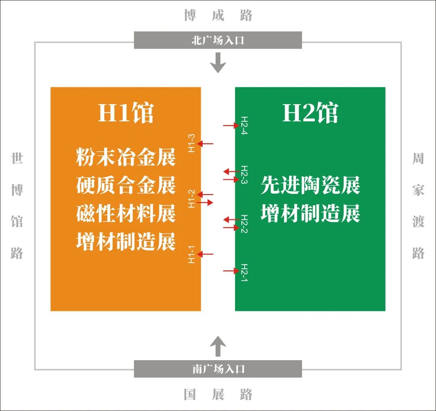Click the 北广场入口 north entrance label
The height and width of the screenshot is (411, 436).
pos(218,40)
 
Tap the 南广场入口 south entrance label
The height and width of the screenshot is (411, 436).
pos(218,369)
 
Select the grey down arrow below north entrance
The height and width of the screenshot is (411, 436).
pos(218,63)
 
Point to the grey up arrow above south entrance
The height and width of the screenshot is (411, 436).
pos(218,346)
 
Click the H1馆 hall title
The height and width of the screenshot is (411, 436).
pos(126,113)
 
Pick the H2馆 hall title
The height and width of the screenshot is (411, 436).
pos(310,113)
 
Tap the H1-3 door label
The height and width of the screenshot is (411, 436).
pos(191,143)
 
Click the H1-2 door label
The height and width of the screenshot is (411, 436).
pos(191,199)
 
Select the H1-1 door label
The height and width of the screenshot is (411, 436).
pos(191,254)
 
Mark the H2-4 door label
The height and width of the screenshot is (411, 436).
pos(244,125)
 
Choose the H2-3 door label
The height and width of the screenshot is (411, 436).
pos(244,175)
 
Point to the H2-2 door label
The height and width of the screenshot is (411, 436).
pos(244,224)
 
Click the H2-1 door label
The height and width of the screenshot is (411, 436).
pos(244,273)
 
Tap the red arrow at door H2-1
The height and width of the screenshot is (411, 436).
pos(231,271)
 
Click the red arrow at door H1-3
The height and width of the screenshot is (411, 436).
pos(205,144)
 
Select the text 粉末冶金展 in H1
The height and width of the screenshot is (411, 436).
pos(126,157)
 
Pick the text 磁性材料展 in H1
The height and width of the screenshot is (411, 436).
pos(126,213)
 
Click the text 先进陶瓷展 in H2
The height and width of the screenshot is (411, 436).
pos(310,185)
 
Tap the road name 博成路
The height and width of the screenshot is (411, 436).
pos(218,15)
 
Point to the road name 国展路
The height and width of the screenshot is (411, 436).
pos(218,394)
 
